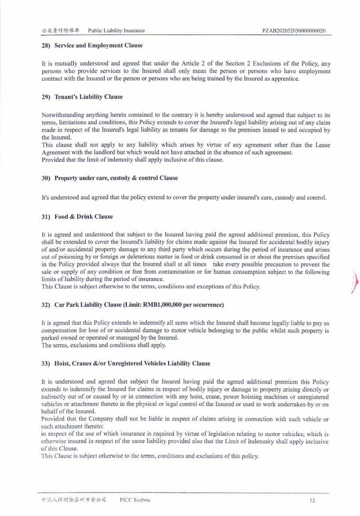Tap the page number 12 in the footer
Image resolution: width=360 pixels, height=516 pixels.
pyautogui.click(x=312, y=500)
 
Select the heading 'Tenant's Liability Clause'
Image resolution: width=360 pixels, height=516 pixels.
pyautogui.click(x=88, y=97)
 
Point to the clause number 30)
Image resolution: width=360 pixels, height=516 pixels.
pyautogui.click(x=46, y=178)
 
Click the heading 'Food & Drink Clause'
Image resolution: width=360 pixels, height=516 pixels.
pyautogui.click(x=84, y=216)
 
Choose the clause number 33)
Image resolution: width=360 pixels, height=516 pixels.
pyautogui.click(x=46, y=363)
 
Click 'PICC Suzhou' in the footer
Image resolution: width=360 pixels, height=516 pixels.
pyautogui.click(x=135, y=500)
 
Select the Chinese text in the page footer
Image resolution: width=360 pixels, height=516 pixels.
pyautogui.click(x=74, y=500)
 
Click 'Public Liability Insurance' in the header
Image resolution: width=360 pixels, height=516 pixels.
pyautogui.click(x=116, y=30)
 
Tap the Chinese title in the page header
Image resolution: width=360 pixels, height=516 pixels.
pyautogui.click(x=60, y=30)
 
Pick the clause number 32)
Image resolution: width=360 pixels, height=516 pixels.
pyautogui.click(x=46, y=304)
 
